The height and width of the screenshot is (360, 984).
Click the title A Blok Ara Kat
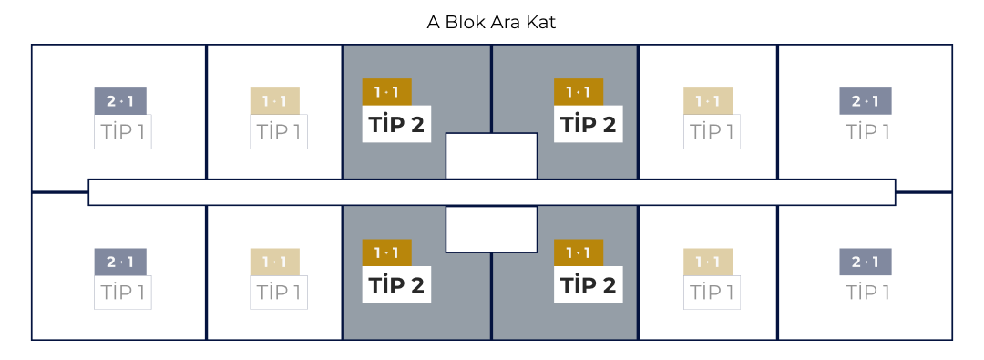pyautogui.click(x=491, y=22)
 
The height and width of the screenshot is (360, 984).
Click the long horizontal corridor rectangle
pyautogui.click(x=491, y=192)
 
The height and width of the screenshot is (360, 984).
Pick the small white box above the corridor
pyautogui.click(x=491, y=155)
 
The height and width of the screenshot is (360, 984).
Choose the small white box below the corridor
pyautogui.click(x=491, y=230)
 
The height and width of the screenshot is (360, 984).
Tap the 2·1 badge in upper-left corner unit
pyautogui.click(x=120, y=101)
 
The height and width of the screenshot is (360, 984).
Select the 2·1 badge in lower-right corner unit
pyautogui.click(x=866, y=262)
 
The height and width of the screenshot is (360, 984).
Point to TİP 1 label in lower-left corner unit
pyautogui.click(x=123, y=293)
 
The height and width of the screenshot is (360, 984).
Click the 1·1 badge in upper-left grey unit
pyautogui.click(x=387, y=92)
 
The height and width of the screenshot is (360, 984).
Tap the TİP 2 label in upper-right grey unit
pyautogui.click(x=589, y=124)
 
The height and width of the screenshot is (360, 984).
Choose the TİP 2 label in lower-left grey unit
pyautogui.click(x=396, y=284)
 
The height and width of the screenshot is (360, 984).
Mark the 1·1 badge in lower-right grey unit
pyautogui.click(x=579, y=252)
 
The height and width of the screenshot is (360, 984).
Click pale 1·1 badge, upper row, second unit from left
pyautogui.click(x=275, y=101)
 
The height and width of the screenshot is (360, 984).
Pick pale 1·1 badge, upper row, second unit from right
pyautogui.click(x=708, y=101)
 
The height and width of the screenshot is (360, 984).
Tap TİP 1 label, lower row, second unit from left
pyautogui.click(x=279, y=293)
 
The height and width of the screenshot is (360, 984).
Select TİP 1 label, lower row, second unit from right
pyautogui.click(x=712, y=293)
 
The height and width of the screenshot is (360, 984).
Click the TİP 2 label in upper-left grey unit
pyautogui.click(x=396, y=124)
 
